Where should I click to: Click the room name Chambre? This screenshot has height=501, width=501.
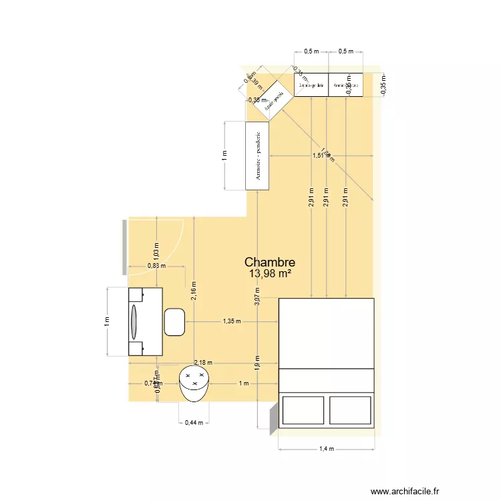point(270,263)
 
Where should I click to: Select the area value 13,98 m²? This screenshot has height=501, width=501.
point(270,274)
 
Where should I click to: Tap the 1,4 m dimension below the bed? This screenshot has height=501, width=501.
point(326,449)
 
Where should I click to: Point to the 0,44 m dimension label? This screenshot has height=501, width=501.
point(193,422)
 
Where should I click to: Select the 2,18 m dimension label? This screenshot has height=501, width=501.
point(203,363)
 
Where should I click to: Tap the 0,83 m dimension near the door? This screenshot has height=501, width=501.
point(156,265)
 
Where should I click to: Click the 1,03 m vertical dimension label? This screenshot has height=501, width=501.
point(156,248)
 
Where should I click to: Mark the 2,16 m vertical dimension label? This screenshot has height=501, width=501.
point(193,291)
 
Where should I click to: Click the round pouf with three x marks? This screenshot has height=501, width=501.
point(194,383)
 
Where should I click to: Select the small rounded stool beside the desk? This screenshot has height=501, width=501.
point(174,322)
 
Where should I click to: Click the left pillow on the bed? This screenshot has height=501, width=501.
point(304,409)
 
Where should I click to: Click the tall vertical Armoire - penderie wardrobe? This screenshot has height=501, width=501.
point(257,156)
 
